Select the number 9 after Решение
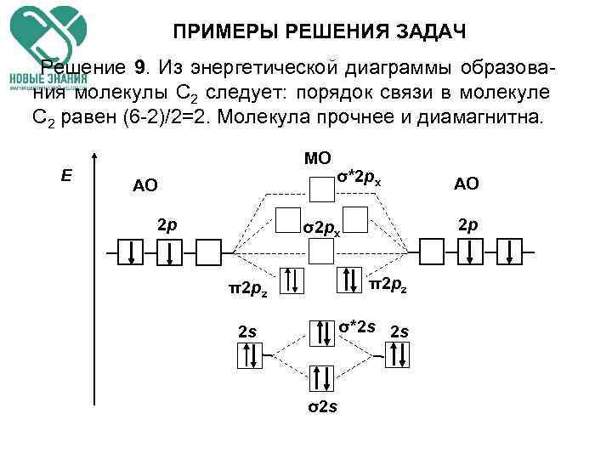tap(139, 67)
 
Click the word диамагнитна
tap(475, 116)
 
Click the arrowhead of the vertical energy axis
tap(93, 159)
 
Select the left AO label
tap(144, 186)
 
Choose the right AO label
tap(467, 184)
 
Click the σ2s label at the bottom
tap(322, 406)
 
